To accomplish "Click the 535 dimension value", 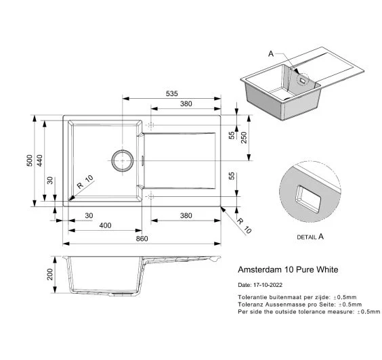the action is pyautogui.click(x=172, y=93).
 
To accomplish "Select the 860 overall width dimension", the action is pyautogui.click(x=142, y=239).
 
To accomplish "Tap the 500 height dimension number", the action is pyautogui.click(x=30, y=160).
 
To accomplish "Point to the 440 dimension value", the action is pyautogui.click(x=39, y=160).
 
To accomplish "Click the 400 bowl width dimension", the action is pyautogui.click(x=105, y=225).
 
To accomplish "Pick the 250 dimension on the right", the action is pyautogui.click(x=244, y=137).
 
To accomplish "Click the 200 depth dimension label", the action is pyautogui.click(x=50, y=274).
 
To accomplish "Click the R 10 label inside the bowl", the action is pyautogui.click(x=85, y=182).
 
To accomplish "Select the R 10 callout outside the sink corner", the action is pyautogui.click(x=244, y=226).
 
